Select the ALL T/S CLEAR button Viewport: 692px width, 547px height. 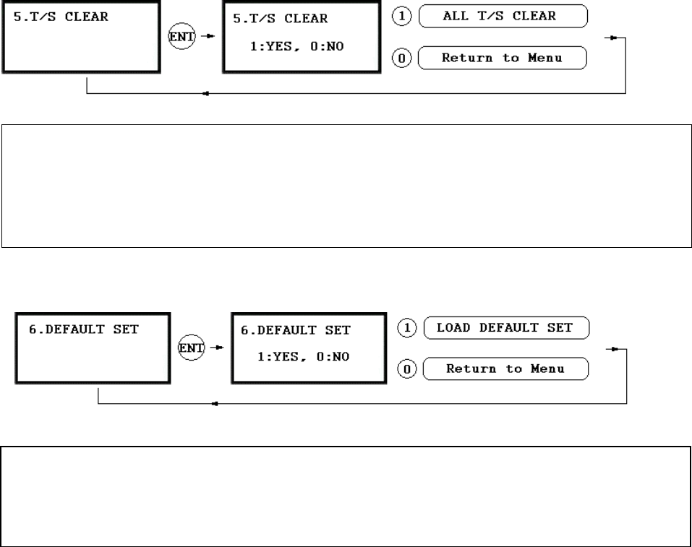point(503,15)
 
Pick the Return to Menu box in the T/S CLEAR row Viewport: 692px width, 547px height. point(503,58)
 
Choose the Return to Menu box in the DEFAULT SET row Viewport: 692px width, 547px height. point(505,369)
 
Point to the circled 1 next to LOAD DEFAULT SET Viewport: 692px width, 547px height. point(407,327)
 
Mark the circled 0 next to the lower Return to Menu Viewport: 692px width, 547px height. point(407,370)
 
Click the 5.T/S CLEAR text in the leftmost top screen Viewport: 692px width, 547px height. point(61,16)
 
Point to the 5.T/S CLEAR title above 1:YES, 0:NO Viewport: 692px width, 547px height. point(280,18)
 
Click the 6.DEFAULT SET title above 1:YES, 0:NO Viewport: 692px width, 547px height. point(295,330)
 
